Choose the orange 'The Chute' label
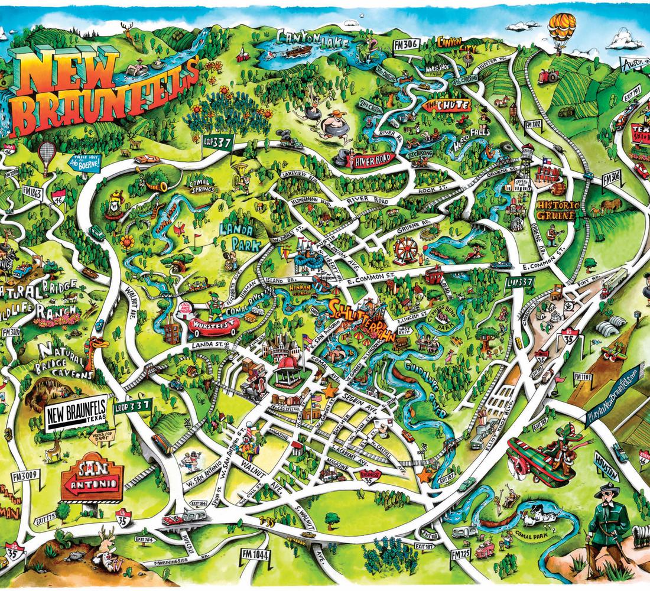(447, 106)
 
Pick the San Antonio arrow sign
(98, 479)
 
